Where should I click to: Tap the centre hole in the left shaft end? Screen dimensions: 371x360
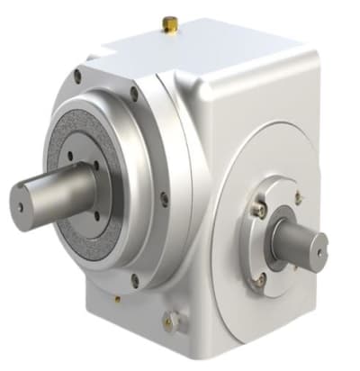21,204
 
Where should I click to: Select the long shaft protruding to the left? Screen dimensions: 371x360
54,194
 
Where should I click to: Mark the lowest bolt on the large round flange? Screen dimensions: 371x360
135,279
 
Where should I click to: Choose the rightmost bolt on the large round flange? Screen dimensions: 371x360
164,198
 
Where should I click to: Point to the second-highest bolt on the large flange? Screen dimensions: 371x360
134,92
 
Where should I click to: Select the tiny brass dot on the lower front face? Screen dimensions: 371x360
117,298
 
